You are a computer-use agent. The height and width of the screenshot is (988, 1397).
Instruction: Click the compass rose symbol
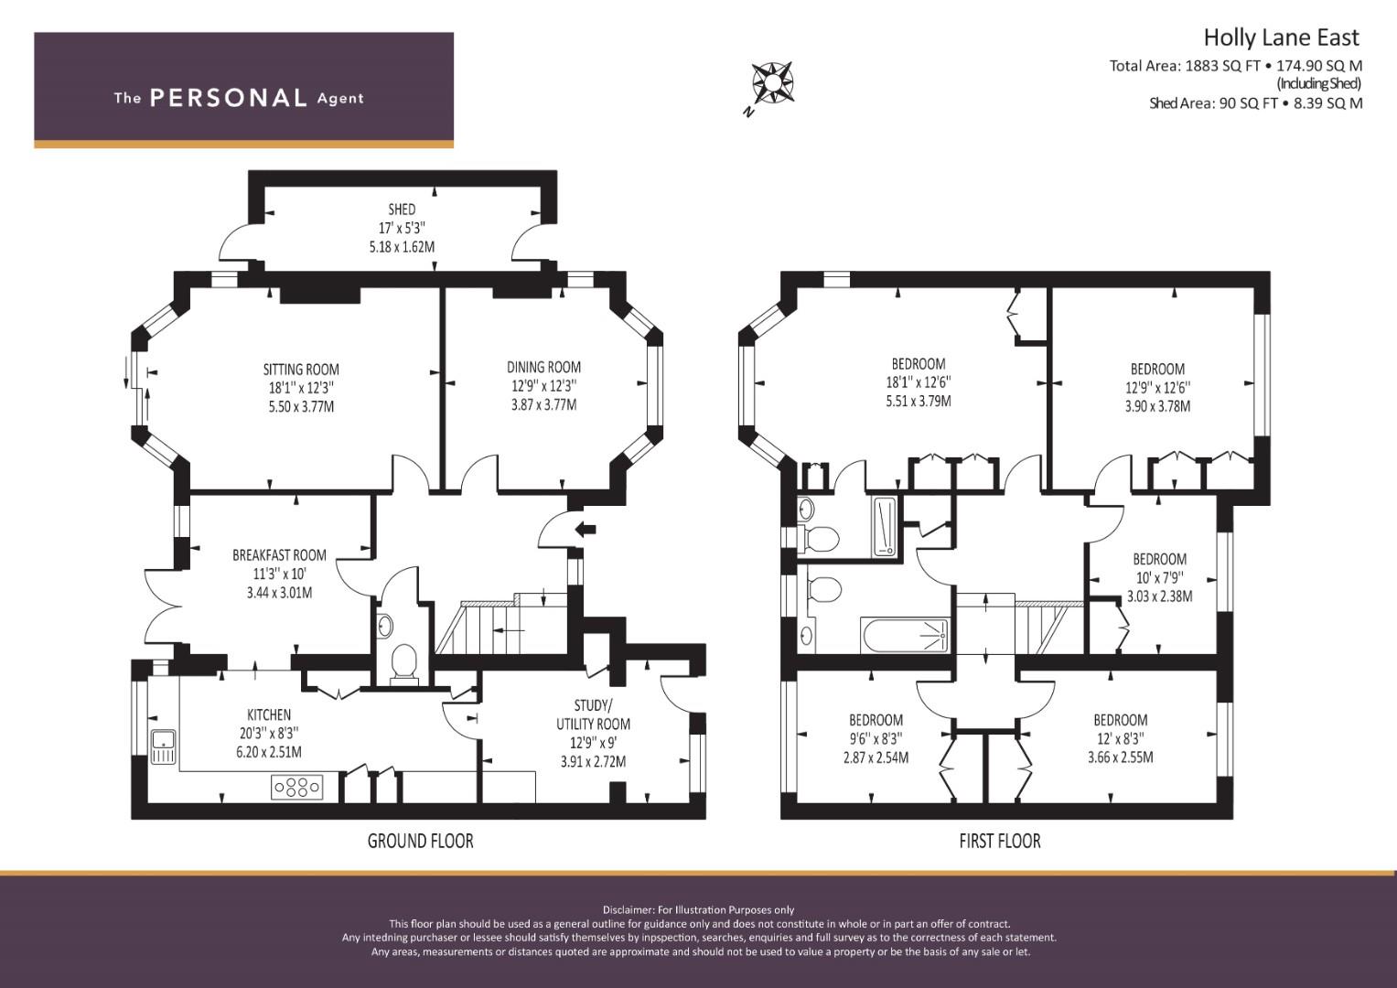[x=772, y=82]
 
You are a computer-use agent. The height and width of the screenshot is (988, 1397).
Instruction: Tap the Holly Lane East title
[x=1281, y=38]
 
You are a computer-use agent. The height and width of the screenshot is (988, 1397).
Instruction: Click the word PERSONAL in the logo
[x=229, y=98]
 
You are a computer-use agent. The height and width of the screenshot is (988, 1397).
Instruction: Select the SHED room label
[x=402, y=209]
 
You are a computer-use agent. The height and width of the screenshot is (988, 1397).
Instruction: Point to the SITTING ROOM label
[x=301, y=370]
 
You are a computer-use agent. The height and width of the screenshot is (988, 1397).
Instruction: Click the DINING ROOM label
[x=543, y=368]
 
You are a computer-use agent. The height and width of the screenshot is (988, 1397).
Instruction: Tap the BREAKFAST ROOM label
[x=279, y=555]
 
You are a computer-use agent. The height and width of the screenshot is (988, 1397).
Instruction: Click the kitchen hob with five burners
[x=297, y=787]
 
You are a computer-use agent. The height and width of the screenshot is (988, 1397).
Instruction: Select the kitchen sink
[x=164, y=746]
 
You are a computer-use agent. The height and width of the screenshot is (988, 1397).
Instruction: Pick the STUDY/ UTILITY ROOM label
[x=593, y=714]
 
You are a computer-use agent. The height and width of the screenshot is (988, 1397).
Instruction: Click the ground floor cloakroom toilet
[x=403, y=663]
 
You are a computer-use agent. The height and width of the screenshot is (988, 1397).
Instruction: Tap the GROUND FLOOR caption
[x=420, y=841]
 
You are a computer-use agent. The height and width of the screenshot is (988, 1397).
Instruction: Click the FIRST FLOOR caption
[x=1000, y=841]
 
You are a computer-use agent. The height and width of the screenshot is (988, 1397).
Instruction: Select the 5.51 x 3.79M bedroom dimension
[x=919, y=401]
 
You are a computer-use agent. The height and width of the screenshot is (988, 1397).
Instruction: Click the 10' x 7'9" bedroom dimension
[x=1159, y=577]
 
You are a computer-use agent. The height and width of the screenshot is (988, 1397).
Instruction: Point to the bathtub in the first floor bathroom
[x=905, y=635]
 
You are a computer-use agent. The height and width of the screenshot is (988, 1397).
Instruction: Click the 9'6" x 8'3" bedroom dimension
[x=876, y=739]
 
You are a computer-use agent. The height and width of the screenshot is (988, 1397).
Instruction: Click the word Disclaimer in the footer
[x=628, y=910]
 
